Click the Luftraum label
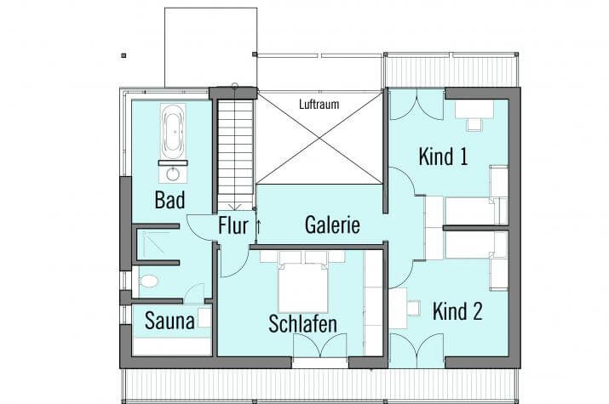coord(319,104)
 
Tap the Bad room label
coord(169,200)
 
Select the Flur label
coord(233,225)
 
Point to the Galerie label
coord(332,225)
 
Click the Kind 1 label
coord(443,156)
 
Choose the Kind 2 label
coord(457,311)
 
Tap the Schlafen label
coord(302,324)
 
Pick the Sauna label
coord(169,321)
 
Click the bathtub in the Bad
coord(173,131)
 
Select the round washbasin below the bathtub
coord(173,174)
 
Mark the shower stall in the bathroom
coord(155,243)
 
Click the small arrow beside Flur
coord(258,226)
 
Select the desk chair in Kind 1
coord(474,124)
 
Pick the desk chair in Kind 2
coord(414,308)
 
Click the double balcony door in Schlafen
coord(319,345)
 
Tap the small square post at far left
coord(124,55)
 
